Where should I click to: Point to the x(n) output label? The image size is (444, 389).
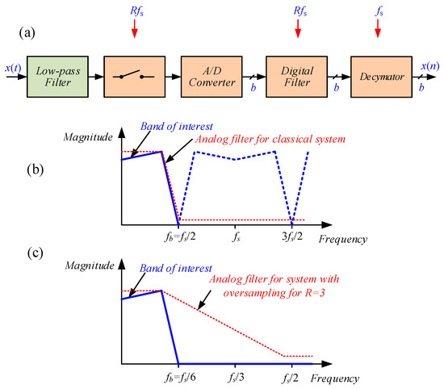[x=427, y=65]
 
